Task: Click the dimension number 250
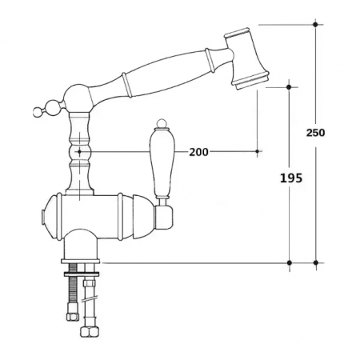[x=315, y=133]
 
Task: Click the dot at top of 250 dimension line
[x=315, y=25]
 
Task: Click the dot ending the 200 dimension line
[x=257, y=150]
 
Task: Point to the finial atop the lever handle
[x=158, y=126]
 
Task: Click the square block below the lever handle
[x=165, y=215]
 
